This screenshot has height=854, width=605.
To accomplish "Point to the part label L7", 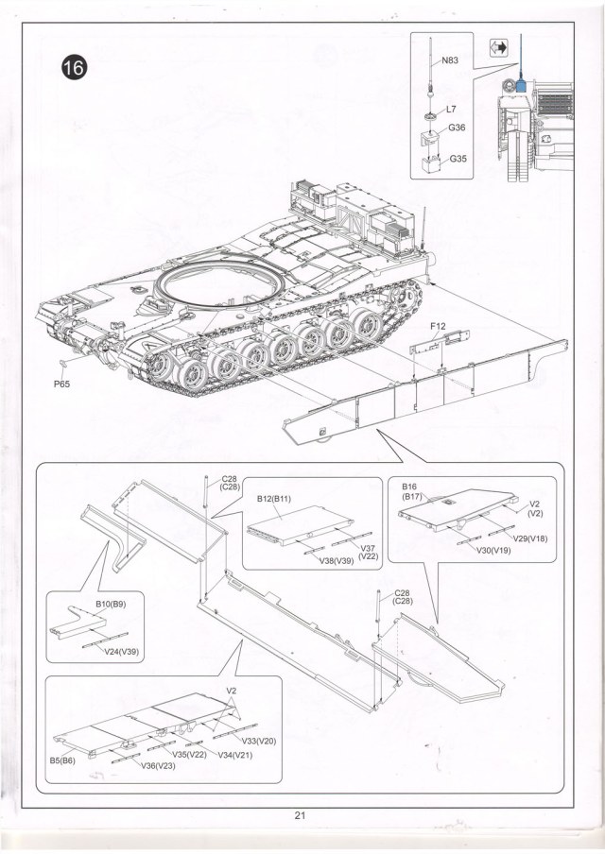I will point(451,110).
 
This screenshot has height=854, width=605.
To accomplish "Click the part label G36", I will point(457,128).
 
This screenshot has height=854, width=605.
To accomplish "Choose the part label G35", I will point(458,158).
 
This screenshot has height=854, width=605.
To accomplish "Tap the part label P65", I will point(61,384).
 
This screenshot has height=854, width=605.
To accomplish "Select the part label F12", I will point(437,327).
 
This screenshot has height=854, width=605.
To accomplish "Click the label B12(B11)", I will point(274,497).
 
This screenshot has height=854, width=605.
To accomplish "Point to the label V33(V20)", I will point(256,741).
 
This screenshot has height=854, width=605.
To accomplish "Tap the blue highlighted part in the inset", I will point(521,87).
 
